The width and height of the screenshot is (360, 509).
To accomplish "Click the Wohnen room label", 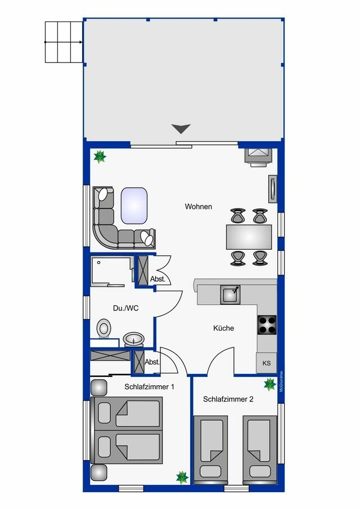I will (x=199, y=206).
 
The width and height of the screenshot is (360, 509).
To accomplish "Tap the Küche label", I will (x=223, y=328).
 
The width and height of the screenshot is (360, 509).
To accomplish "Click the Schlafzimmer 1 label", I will (x=149, y=387).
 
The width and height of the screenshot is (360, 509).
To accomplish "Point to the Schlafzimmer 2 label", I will (x=228, y=399).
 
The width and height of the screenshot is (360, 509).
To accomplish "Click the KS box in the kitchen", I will (x=266, y=363).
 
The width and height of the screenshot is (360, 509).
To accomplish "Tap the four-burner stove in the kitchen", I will (x=267, y=325).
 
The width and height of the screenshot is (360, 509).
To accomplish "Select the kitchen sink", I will (x=231, y=294).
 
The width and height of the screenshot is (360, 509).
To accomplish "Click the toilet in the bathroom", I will (x=103, y=328).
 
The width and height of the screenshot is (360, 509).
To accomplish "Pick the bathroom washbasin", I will (x=133, y=339).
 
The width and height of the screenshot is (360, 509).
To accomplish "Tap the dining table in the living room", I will (x=249, y=237).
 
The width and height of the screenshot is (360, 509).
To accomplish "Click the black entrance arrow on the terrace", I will (x=181, y=129).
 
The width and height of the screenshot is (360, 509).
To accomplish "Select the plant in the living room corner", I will (x=100, y=156).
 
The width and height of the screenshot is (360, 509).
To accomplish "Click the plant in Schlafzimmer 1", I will (x=182, y=478).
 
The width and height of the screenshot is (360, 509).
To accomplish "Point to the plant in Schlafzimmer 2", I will (x=270, y=385).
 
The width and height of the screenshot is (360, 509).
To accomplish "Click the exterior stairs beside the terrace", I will (x=63, y=42).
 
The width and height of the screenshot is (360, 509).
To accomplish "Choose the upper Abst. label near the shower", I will (x=157, y=279).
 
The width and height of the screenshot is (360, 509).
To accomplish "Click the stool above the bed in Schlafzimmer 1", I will (x=98, y=387).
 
